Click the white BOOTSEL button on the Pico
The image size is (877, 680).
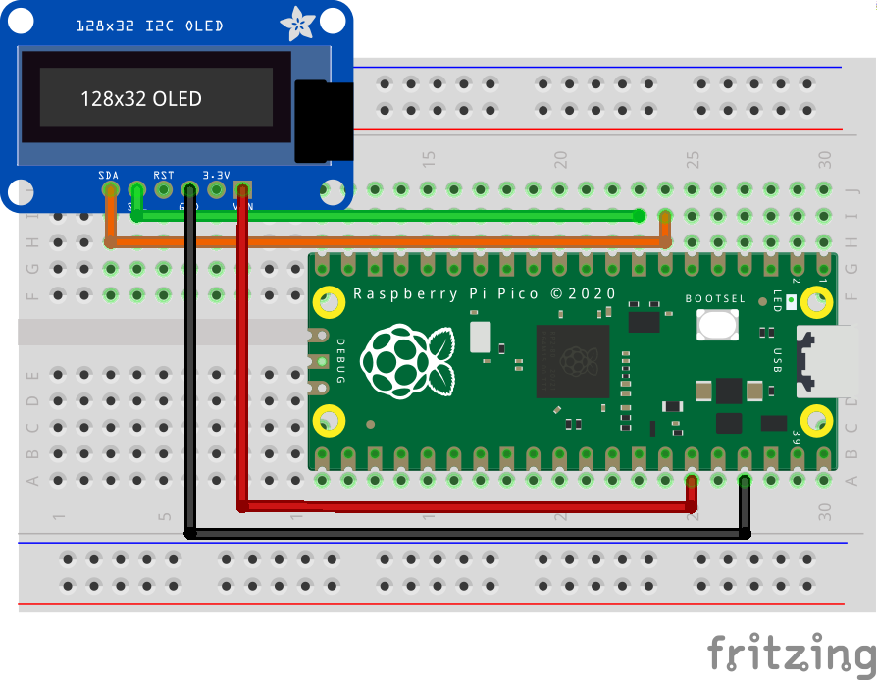717,325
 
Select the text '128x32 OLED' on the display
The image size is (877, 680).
140,98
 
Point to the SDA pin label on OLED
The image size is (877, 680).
109,175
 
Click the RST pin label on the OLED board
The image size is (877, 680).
163,175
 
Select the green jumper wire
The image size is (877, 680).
392,216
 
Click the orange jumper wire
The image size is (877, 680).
392,241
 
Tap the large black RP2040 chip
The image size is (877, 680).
573,360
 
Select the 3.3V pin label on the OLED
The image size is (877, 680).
216,175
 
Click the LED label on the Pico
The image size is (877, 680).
777,299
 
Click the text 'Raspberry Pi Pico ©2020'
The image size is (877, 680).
485,293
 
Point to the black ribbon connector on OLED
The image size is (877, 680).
323,122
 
